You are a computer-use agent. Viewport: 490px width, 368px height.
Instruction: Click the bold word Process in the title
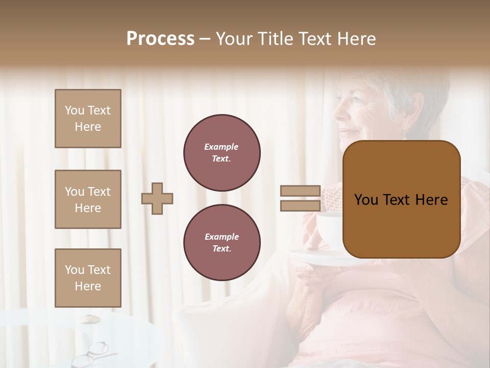coord(160,39)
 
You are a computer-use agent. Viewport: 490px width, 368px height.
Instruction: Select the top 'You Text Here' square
coord(88,119)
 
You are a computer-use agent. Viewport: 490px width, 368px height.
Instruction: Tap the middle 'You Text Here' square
coord(88,199)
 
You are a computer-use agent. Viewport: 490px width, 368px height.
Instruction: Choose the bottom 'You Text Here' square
coord(88,278)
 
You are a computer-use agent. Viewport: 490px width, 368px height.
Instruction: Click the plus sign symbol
coord(157,198)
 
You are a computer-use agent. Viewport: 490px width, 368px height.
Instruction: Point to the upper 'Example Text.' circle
coord(222,152)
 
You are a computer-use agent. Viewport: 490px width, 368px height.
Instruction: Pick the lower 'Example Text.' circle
coord(222,242)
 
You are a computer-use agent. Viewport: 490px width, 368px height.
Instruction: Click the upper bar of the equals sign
coord(300,191)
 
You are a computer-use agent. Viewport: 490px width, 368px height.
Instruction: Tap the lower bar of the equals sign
coord(300,205)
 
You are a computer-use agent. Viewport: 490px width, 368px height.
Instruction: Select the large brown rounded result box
coord(401,199)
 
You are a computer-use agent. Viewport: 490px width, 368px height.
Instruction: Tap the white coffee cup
coord(330,230)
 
